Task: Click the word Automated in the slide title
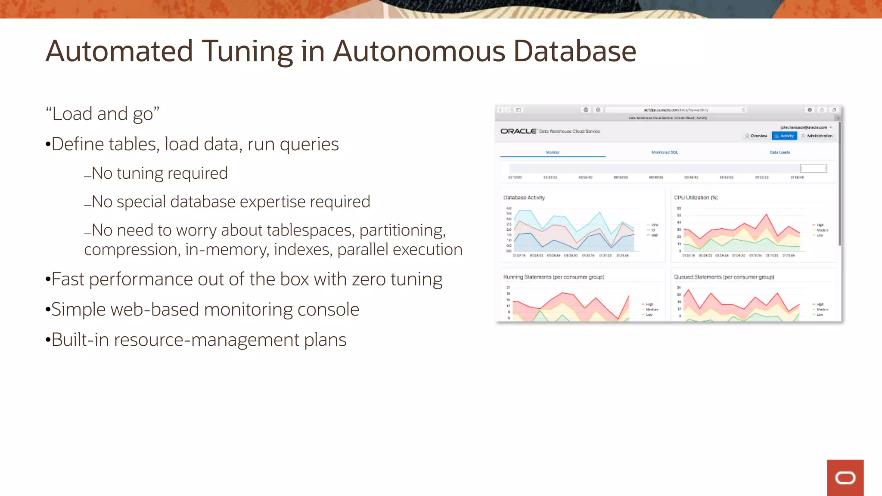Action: pyautogui.click(x=119, y=51)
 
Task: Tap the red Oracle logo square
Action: pyautogui.click(x=845, y=477)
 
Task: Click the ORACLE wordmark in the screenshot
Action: pyautogui.click(x=519, y=131)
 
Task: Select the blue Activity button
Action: pyautogui.click(x=784, y=136)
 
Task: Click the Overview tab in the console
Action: pyautogui.click(x=756, y=136)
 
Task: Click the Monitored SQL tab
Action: pyautogui.click(x=665, y=152)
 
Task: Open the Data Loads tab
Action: pyautogui.click(x=780, y=152)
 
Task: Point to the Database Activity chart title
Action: pyautogui.click(x=524, y=198)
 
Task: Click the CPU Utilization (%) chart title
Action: pyautogui.click(x=696, y=198)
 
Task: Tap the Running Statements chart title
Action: pyautogui.click(x=553, y=277)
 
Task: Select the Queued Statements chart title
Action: pyautogui.click(x=724, y=277)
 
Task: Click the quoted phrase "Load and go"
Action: pyautogui.click(x=102, y=114)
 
